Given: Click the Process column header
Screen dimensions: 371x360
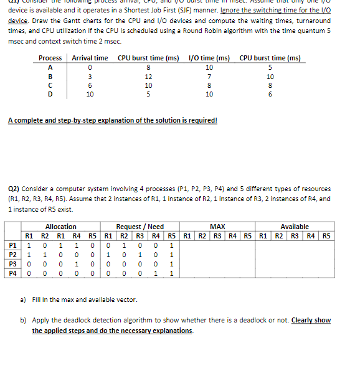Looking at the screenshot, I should [x=50, y=58].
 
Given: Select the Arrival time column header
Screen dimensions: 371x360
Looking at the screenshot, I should [x=90, y=58].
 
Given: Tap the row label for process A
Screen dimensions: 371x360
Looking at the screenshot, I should [x=50, y=67].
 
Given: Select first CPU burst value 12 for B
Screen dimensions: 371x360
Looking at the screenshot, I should [x=148, y=76].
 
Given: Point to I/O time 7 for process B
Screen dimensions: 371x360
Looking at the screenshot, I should [x=209, y=76].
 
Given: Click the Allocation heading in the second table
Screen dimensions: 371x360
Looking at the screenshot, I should [x=61, y=227].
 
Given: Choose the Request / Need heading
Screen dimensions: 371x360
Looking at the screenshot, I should [x=140, y=227].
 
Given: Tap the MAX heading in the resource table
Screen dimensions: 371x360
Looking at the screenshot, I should [x=217, y=227].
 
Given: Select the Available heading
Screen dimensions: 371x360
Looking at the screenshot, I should [x=295, y=227].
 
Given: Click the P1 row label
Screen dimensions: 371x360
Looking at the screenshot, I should [x=12, y=245].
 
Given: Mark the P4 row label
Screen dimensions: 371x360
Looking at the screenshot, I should [x=12, y=272].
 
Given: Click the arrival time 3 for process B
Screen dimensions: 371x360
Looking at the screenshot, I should [x=90, y=76].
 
